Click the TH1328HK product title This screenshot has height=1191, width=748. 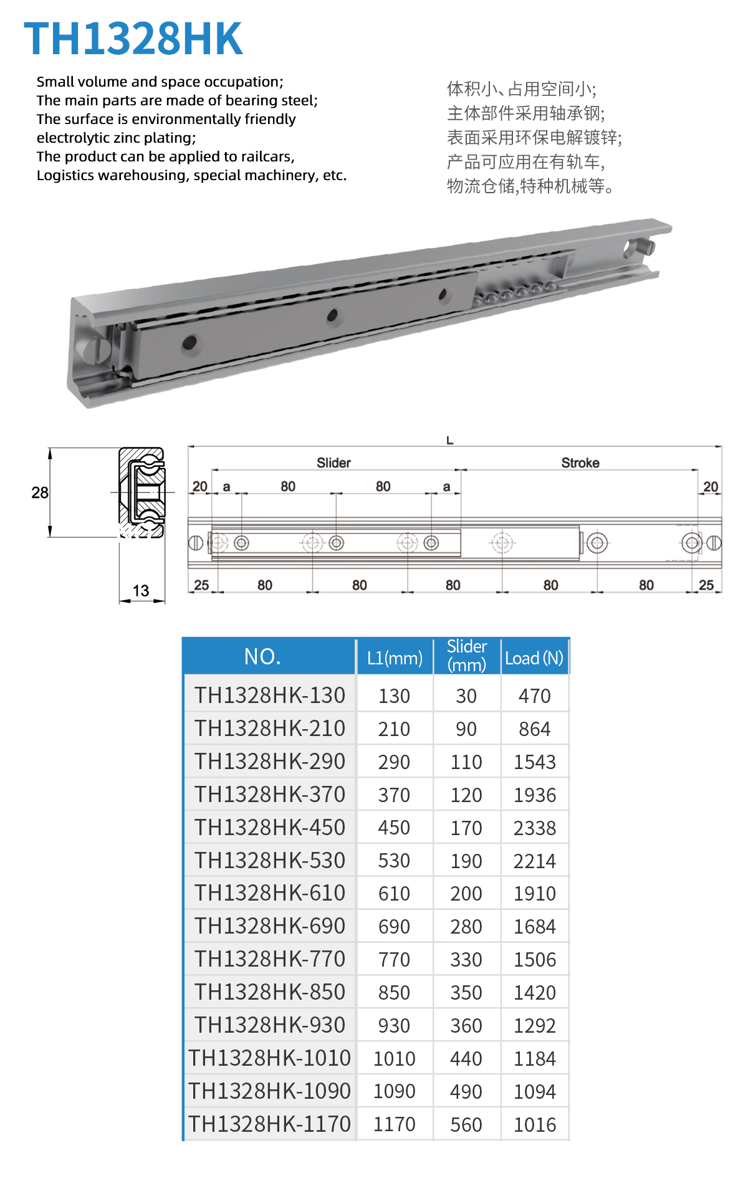133,39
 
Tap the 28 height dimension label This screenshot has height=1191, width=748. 40,493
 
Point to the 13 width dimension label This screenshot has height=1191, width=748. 141,591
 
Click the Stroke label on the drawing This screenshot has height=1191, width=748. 580,462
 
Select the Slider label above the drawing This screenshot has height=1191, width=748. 333,462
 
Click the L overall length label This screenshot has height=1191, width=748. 449,441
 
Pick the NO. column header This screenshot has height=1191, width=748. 262,656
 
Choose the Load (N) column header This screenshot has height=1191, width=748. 534,658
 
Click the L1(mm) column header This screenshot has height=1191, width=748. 395,658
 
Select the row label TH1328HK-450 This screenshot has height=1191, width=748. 270,828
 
